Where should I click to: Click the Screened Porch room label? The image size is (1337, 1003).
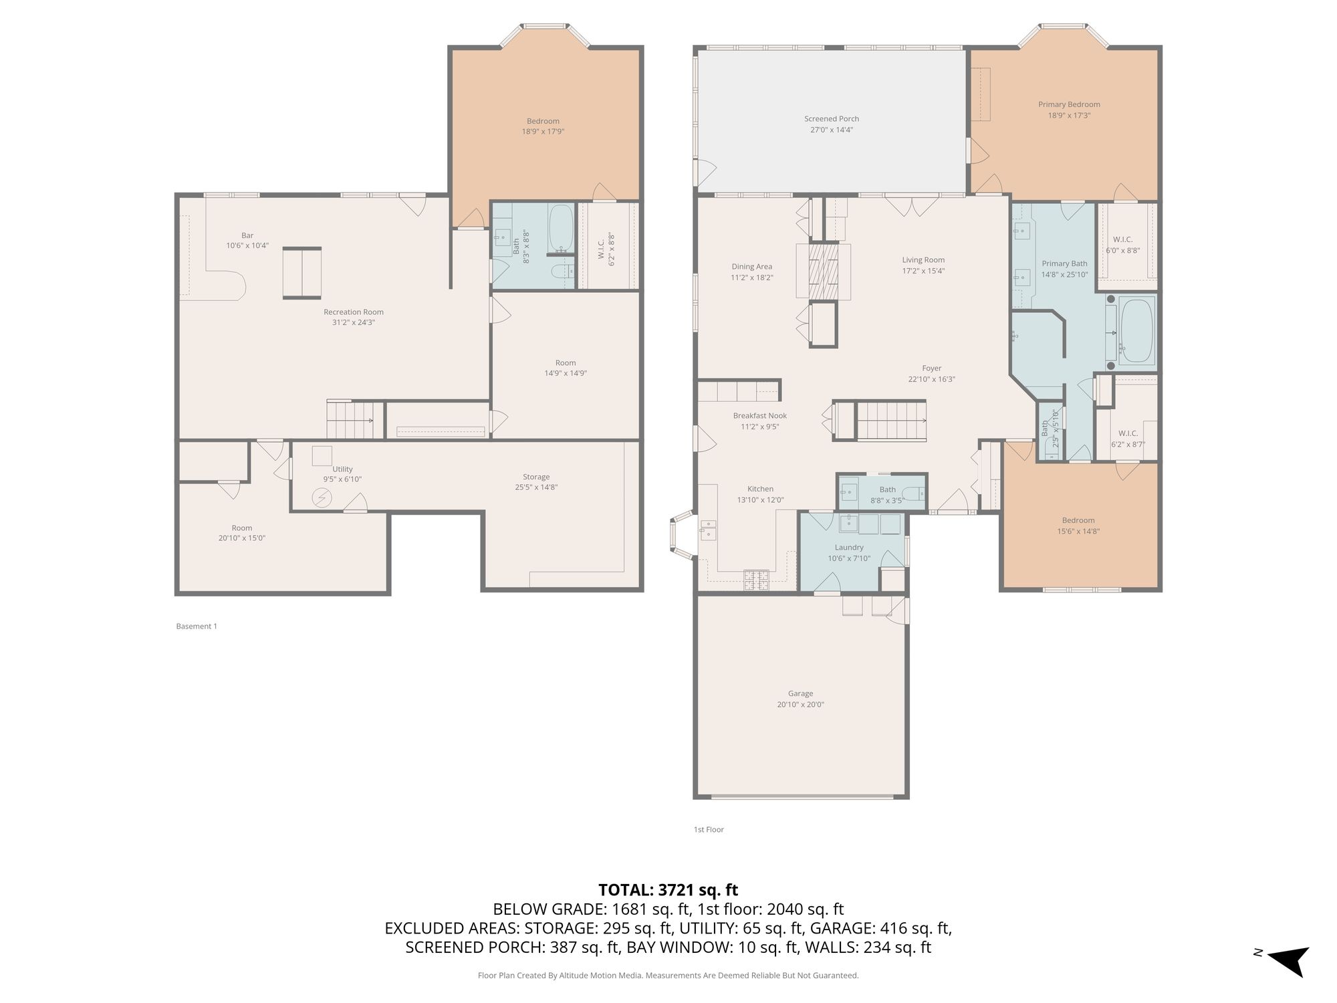tap(832, 119)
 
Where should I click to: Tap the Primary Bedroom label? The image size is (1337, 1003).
tap(1069, 104)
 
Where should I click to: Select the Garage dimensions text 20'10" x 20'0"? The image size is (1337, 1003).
tap(800, 704)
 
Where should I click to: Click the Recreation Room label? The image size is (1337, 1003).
tap(354, 312)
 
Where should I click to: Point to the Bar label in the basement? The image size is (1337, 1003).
tap(247, 235)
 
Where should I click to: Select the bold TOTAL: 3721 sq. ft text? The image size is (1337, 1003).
tap(668, 890)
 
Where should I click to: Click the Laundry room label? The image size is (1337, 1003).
tap(849, 548)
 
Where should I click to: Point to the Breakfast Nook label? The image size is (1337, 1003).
tap(759, 416)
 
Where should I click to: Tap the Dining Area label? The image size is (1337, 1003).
tap(751, 267)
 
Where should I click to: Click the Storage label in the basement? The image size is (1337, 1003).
tap(536, 477)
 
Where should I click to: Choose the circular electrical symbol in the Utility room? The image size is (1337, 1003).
tap(322, 498)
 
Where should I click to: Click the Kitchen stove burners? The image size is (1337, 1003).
tap(756, 579)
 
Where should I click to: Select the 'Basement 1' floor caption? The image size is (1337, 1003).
tap(197, 627)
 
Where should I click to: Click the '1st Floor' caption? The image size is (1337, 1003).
tap(709, 830)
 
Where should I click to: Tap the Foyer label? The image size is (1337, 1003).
tap(931, 368)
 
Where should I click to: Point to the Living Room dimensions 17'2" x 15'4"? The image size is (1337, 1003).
tap(923, 271)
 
